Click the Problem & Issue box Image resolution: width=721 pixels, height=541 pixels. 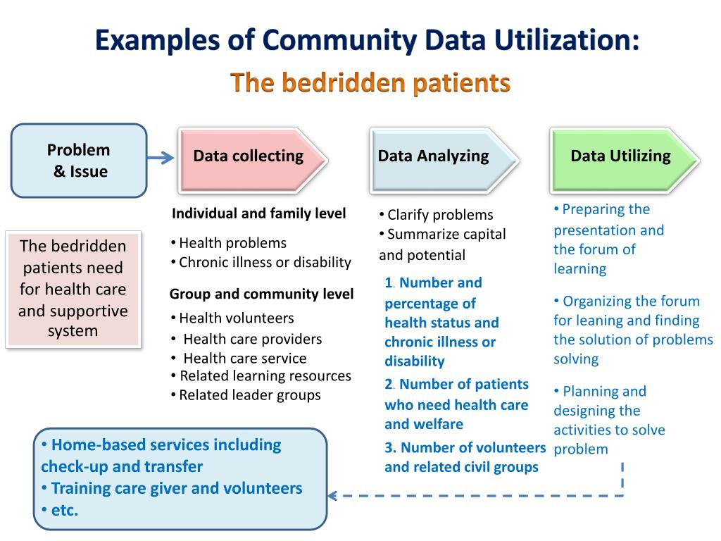[78, 160]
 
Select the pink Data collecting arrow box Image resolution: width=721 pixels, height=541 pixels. [250, 157]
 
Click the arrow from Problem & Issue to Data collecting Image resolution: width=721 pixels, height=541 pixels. [162, 158]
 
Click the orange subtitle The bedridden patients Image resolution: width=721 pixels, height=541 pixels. [370, 83]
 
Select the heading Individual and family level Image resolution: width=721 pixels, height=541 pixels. [258, 213]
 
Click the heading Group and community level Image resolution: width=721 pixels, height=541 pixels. [261, 294]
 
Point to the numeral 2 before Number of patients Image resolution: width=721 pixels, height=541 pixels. [389, 385]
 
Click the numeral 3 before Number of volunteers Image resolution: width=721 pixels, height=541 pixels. [389, 448]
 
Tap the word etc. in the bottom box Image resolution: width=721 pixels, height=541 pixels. [64, 510]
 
